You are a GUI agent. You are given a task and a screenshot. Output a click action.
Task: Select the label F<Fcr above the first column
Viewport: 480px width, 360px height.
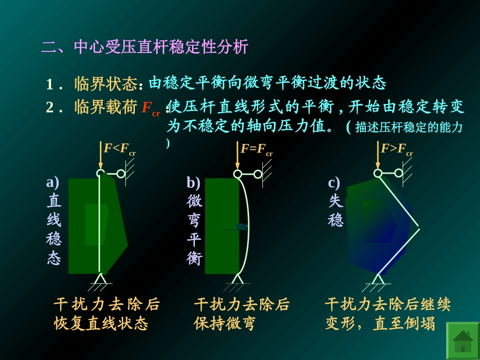119,149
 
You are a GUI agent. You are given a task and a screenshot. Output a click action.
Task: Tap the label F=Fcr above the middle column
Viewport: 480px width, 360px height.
256,149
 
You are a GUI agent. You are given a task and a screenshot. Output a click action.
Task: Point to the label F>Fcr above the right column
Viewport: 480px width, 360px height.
397,149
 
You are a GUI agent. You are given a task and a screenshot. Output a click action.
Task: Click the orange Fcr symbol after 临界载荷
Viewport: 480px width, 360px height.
151,108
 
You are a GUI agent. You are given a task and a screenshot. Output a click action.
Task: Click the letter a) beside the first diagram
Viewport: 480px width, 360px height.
53,182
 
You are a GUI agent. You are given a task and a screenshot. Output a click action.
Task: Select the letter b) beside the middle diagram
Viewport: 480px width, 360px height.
194,182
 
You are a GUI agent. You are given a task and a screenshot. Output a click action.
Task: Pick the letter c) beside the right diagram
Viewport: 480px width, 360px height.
334,182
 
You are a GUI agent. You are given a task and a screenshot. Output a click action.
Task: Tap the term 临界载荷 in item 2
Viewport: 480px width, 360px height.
106,107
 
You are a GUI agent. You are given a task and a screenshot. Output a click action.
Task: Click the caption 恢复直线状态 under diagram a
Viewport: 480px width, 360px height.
101,324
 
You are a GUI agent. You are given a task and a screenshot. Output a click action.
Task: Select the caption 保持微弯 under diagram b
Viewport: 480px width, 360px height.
225,324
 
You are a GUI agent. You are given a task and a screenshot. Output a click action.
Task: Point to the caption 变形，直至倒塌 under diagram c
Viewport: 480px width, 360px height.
380,324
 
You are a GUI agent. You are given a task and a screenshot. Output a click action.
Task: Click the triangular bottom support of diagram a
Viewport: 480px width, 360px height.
100,279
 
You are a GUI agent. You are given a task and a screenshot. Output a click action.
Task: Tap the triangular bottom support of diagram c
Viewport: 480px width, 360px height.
378,279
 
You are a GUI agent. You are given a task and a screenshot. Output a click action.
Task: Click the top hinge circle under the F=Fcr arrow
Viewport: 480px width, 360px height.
237,174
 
